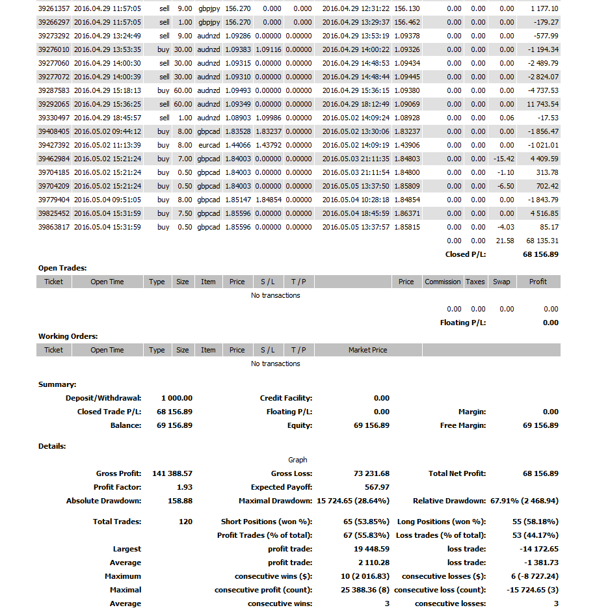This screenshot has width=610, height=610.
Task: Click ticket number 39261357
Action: pos(54,8)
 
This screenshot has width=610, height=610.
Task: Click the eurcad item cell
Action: pos(209,145)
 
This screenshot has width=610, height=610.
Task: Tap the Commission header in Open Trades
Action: pos(442,282)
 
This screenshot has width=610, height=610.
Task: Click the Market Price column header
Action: pos(367,350)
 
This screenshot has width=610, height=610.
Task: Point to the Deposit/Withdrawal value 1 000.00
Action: pos(176,398)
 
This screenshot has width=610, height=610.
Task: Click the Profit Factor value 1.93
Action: pos(185,487)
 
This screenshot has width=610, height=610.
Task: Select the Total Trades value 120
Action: pos(185,522)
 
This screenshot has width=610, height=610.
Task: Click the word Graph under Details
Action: pos(298,460)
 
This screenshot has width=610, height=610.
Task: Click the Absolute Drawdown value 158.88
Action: pos(180,501)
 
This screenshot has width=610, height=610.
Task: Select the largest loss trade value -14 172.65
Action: pos(537,549)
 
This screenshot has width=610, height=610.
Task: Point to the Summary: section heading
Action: pos(57,384)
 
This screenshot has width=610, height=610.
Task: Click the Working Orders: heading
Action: pos(68,336)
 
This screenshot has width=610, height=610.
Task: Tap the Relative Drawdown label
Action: pos(449,501)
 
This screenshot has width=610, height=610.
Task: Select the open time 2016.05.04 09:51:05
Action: pos(107,200)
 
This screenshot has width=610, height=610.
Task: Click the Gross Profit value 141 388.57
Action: pos(172,473)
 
